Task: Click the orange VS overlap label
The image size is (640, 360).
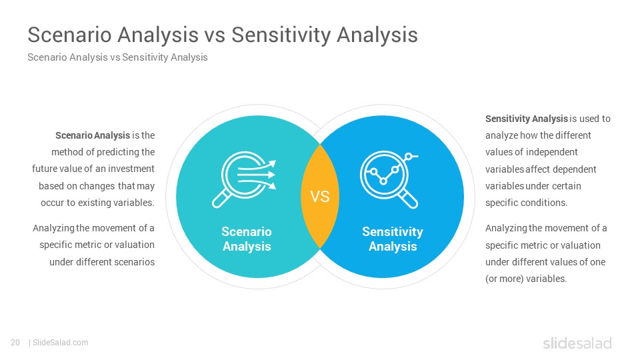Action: tap(320, 197)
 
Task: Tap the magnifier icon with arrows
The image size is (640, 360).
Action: tap(244, 179)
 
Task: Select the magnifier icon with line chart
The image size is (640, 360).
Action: tap(389, 179)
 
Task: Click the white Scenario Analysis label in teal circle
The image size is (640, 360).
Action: tap(247, 239)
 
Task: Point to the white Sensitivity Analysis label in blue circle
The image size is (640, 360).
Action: tap(393, 239)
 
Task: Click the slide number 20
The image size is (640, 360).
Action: tap(15, 343)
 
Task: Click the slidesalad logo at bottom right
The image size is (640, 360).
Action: tap(577, 343)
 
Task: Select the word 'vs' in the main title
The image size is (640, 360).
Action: tap(215, 35)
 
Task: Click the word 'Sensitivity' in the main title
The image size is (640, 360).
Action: tap(281, 35)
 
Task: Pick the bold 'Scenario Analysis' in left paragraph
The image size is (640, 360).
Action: tap(93, 135)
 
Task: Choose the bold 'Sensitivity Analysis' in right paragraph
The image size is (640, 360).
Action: tap(527, 119)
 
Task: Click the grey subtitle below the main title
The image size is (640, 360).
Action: tap(117, 57)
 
